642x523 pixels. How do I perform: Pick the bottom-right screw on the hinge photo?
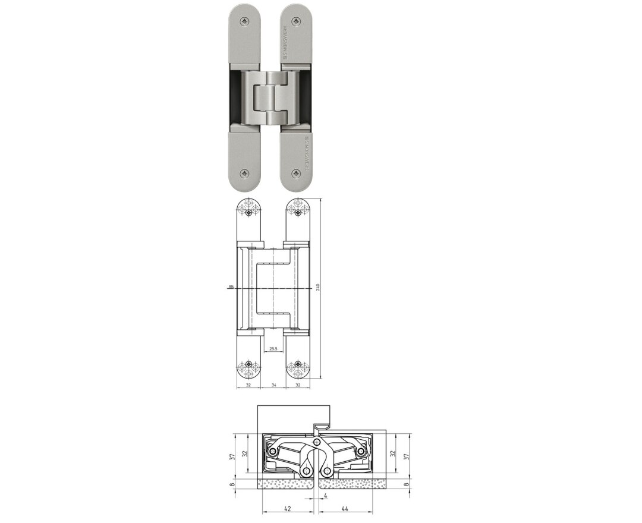pyautogui.click(x=297, y=174)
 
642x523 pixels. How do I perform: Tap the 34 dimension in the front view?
pyautogui.click(x=273, y=385)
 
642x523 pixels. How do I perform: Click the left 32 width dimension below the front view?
pyautogui.click(x=247, y=385)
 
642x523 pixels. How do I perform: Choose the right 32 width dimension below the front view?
pyautogui.click(x=298, y=385)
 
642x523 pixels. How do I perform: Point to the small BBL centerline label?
pyautogui.click(x=230, y=288)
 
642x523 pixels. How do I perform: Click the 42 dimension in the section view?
pyautogui.click(x=288, y=509)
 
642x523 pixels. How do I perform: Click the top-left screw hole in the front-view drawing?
pyautogui.click(x=248, y=212)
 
